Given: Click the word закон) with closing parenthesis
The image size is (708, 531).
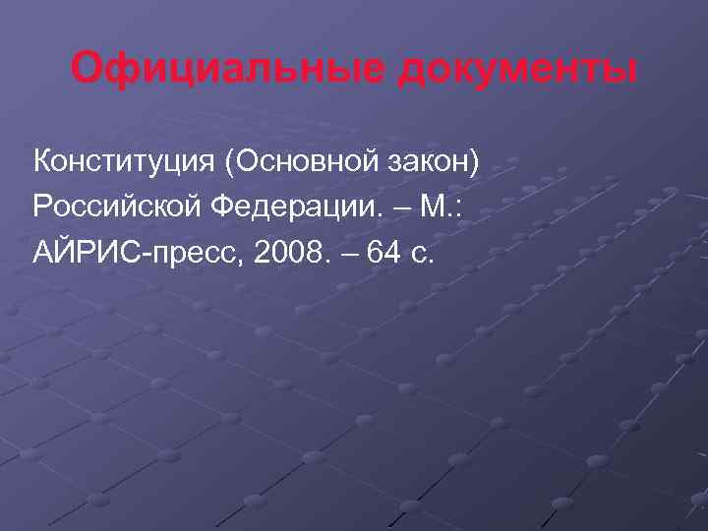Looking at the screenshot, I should point(433,159).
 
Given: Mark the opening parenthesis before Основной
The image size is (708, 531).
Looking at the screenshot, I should point(228,159).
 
